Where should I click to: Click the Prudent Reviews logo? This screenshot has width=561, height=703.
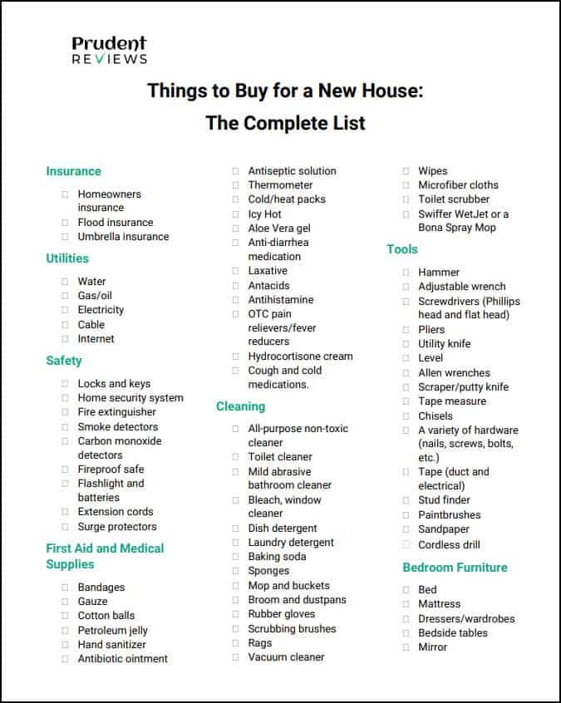(x=109, y=50)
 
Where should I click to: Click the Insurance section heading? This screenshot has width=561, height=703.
(x=73, y=171)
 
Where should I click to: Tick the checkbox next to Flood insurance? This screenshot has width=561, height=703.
(x=65, y=223)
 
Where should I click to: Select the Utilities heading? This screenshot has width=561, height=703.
(x=67, y=258)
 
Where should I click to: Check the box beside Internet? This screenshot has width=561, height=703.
(x=65, y=339)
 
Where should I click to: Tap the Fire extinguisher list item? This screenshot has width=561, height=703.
(x=116, y=412)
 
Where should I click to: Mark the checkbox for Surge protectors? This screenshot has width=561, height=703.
(x=65, y=527)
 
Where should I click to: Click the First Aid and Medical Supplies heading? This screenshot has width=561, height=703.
(x=105, y=556)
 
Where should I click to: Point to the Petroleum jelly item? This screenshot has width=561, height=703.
(x=112, y=630)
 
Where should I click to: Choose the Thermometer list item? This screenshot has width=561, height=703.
(x=280, y=185)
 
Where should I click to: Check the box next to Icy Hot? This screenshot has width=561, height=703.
(x=235, y=214)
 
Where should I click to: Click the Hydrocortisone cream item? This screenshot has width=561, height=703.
(x=300, y=356)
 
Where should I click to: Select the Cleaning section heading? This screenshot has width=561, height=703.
(x=240, y=406)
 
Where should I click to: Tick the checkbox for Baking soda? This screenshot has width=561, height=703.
(x=235, y=557)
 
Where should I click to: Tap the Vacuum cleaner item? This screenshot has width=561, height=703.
(x=286, y=657)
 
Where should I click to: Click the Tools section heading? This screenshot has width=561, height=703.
(x=402, y=249)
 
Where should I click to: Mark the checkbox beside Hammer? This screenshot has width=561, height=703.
(x=406, y=273)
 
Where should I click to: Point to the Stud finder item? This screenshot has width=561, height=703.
(x=444, y=500)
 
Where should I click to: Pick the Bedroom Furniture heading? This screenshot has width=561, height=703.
(x=455, y=568)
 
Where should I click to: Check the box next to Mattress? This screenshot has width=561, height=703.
(x=406, y=604)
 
